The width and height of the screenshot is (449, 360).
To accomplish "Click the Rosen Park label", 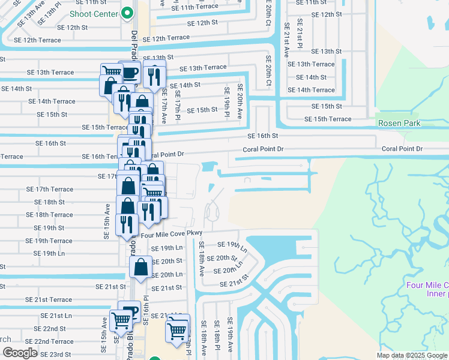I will (399, 123).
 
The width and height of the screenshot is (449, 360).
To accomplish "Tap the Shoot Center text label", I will (95, 13).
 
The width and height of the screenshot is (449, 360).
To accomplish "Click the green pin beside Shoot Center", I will (127, 13).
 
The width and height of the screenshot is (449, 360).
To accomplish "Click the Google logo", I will (20, 353).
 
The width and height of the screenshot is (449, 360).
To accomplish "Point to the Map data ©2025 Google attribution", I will (411, 355).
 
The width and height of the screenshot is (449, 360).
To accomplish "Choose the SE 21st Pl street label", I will (300, 37).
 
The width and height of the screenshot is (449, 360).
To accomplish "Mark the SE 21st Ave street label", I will (287, 40).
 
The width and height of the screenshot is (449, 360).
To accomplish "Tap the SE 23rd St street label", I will (52, 355).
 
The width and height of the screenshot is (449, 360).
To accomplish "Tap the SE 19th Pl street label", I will (227, 100).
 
